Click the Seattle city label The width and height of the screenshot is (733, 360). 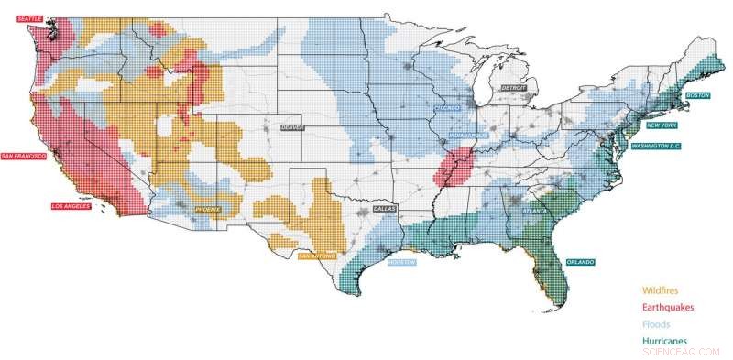coord(29,17)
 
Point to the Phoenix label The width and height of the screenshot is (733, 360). coord(208,210)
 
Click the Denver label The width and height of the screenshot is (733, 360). coord(292,126)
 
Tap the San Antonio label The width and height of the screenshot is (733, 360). coord(314,260)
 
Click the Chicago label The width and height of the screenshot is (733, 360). coord(446,107)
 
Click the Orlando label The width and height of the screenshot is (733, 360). coord(579,262)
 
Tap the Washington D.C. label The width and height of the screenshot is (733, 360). coord(654,147)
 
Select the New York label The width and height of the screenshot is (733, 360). coord(662,125)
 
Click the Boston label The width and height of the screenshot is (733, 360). coord(698,94)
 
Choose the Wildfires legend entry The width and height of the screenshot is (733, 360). coord(659,290)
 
